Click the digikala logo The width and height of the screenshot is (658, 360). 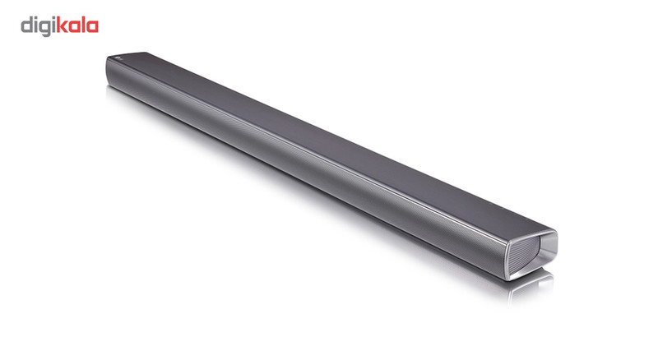tap(59, 26)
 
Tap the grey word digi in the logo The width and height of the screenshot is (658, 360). tap(39, 27)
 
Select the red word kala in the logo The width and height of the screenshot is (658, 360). tap(77, 25)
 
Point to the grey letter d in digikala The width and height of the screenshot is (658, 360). tap(27, 25)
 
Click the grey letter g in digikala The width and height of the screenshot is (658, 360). tap(45, 29)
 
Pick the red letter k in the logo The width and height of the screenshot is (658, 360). tap(63, 25)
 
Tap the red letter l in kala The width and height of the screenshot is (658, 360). tap(83, 25)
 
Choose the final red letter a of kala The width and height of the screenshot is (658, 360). tap(92, 27)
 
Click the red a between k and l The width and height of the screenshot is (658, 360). tap(74, 27)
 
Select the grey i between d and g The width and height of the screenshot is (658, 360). tap(36, 25)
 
